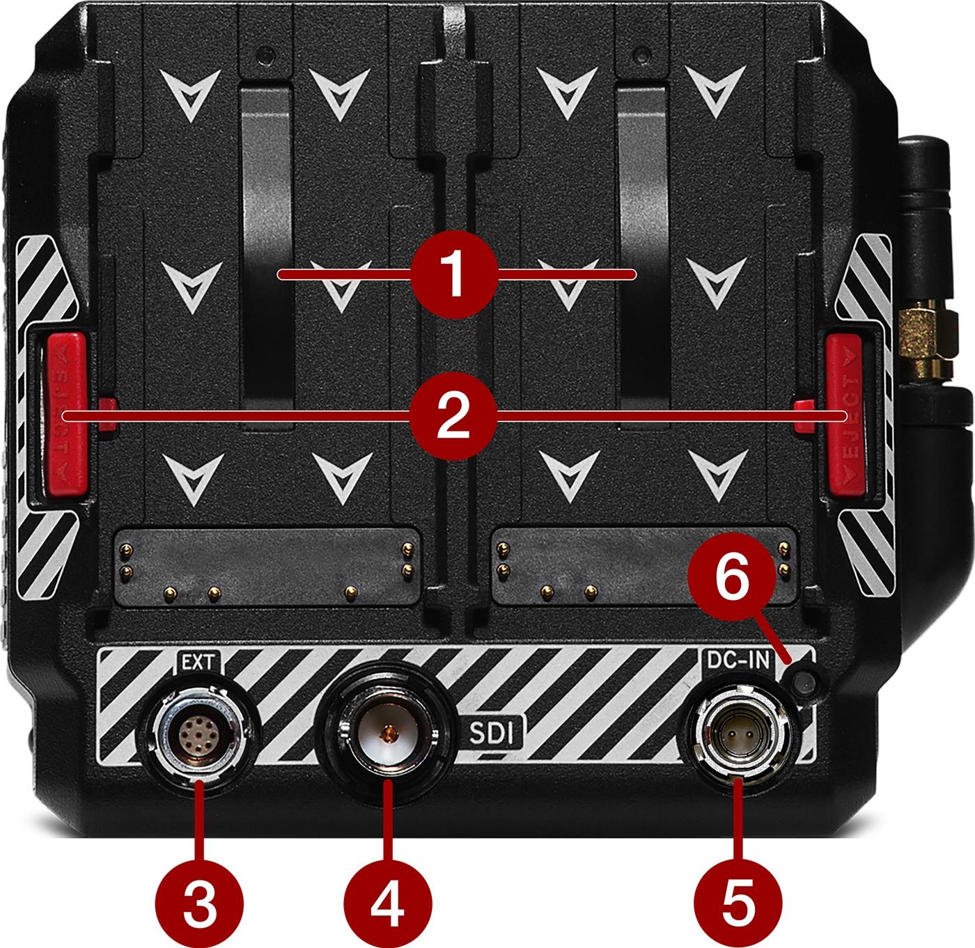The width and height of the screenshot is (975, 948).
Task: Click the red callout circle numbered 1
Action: pos(454,274)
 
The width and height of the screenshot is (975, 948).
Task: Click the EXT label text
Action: pos(198,663)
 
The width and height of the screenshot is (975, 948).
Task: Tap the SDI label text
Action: pos(492,734)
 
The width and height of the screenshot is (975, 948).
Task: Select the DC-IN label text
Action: pos(738,661)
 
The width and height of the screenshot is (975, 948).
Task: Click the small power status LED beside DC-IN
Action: pos(804,684)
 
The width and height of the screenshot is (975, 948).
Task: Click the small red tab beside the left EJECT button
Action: pos(107,415)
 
